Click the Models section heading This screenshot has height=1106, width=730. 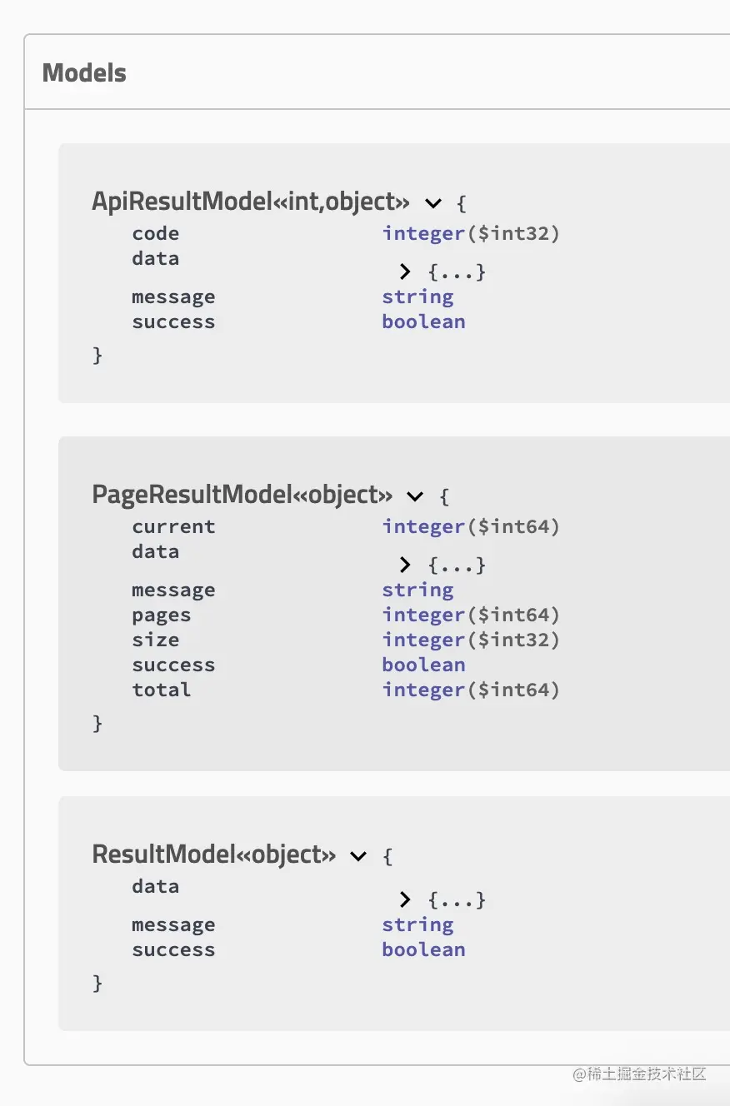[84, 72]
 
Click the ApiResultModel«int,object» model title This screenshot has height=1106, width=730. [251, 202]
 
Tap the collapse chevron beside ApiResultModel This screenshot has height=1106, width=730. [433, 203]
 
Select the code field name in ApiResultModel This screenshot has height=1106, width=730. [156, 233]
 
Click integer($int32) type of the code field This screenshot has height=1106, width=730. [471, 233]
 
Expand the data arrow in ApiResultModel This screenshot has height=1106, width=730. [405, 271]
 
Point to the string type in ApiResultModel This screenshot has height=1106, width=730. [417, 297]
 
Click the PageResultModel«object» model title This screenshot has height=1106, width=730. [242, 495]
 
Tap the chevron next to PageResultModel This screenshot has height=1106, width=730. [415, 496]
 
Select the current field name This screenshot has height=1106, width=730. [173, 527]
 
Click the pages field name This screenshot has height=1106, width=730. [162, 615]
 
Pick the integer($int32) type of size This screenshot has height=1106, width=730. [471, 640]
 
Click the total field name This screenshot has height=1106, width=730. [162, 690]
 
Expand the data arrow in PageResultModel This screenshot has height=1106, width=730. [405, 565]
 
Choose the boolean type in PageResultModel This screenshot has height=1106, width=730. [424, 665]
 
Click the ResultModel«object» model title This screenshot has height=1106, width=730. [214, 854]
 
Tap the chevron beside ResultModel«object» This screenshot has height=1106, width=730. [358, 856]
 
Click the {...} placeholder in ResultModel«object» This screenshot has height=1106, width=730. [457, 899]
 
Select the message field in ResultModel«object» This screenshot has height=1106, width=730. [173, 925]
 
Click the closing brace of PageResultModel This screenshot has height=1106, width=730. [97, 724]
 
